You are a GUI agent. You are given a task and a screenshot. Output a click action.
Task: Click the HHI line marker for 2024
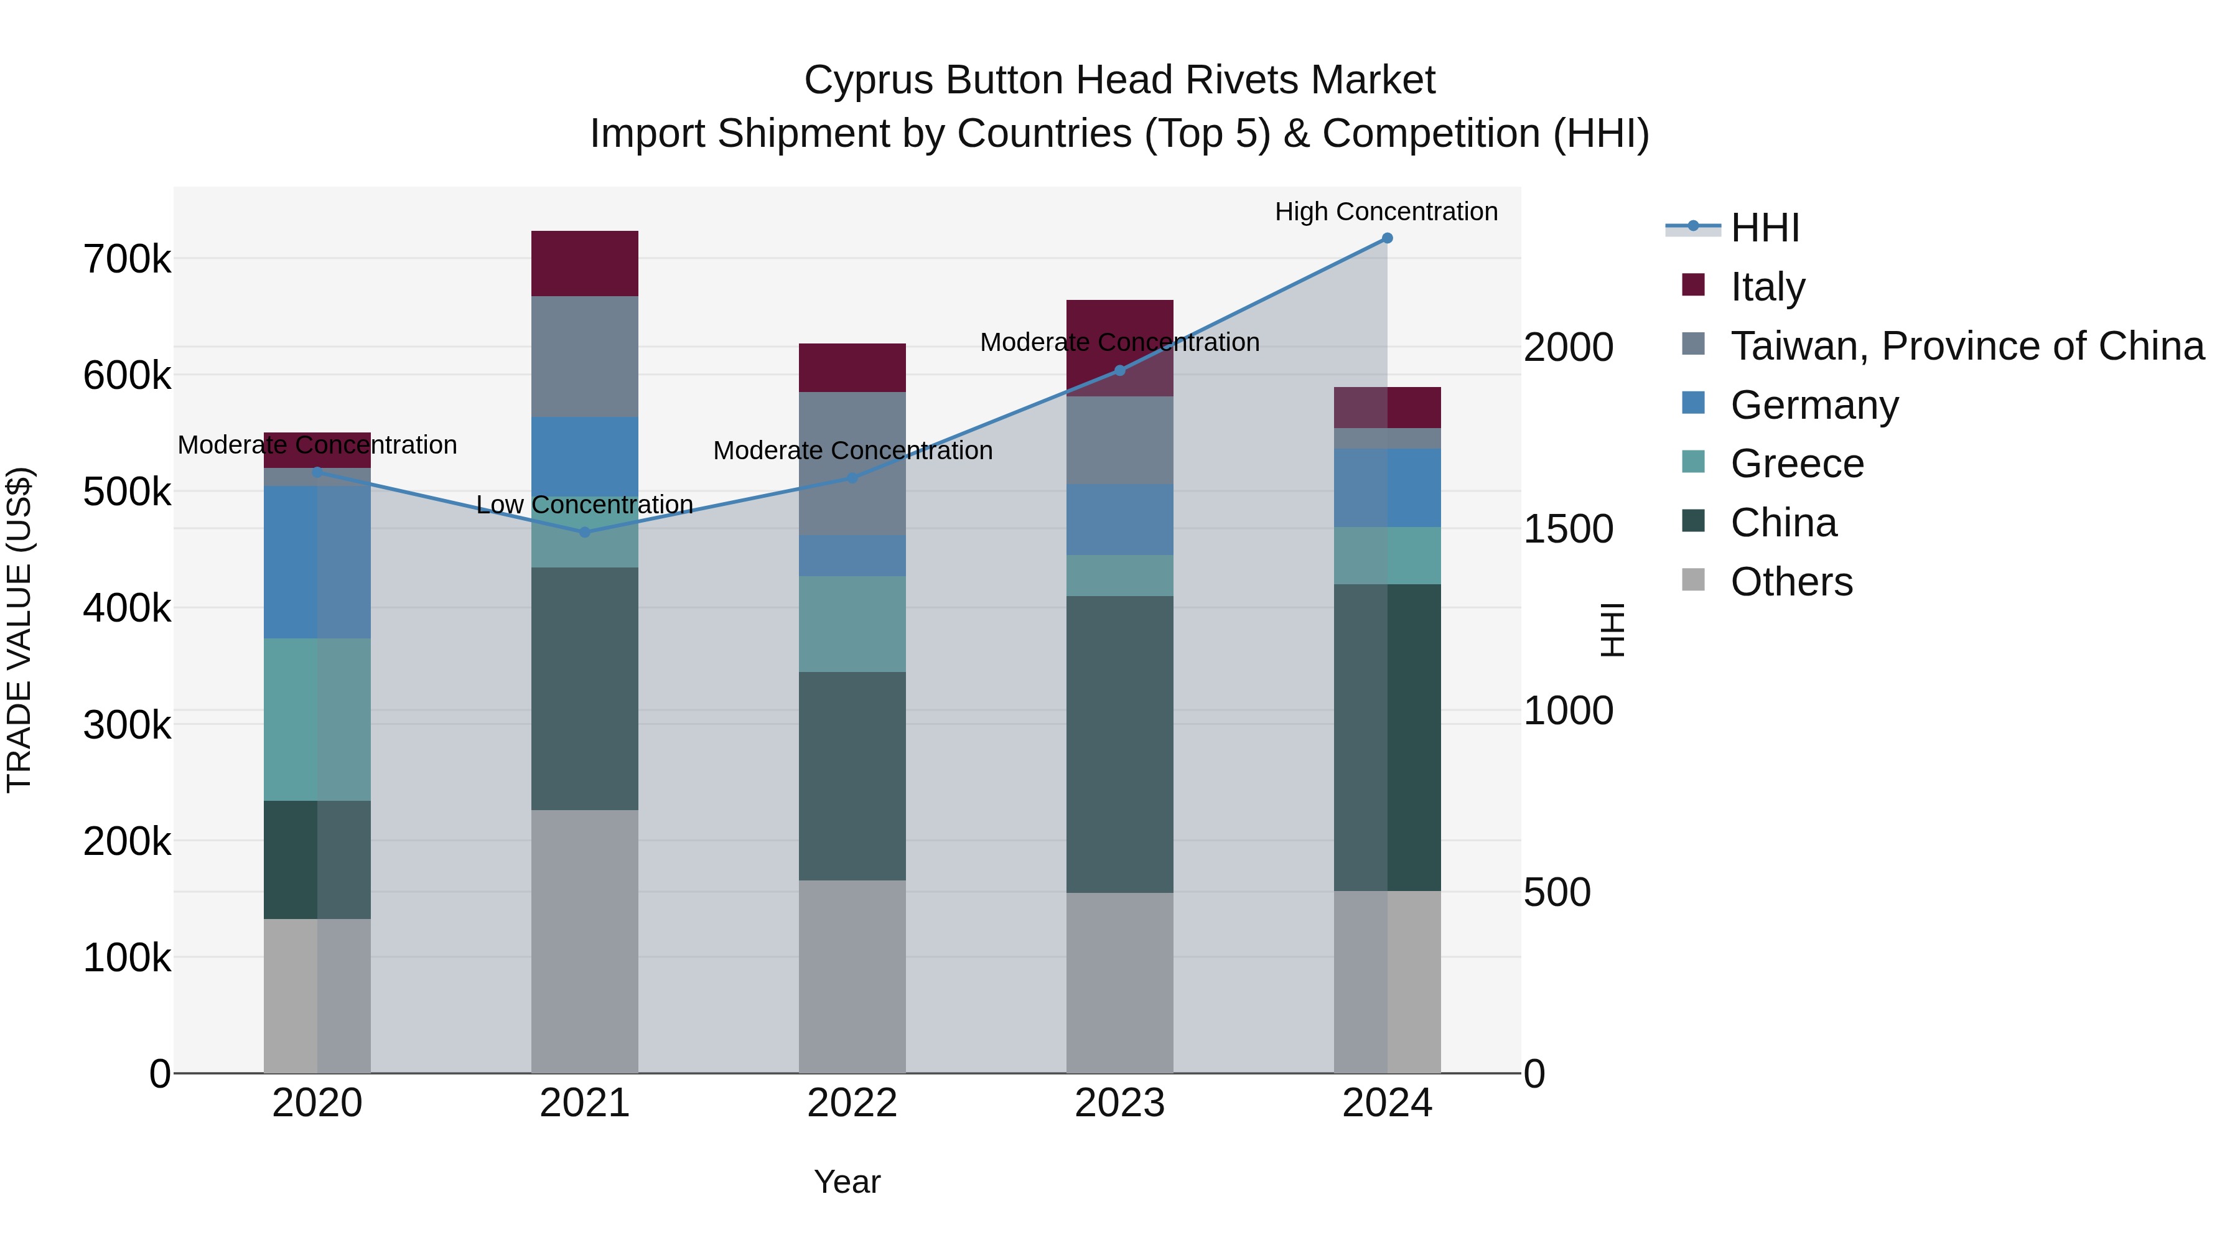(1387, 238)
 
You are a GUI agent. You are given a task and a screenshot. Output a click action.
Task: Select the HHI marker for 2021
(584, 532)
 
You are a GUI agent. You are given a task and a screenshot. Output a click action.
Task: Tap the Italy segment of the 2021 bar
(584, 263)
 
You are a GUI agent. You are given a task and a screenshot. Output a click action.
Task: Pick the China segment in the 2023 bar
(1119, 744)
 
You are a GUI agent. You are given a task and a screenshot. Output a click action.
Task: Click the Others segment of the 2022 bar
(852, 976)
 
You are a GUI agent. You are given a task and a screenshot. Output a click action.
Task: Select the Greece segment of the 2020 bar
(317, 719)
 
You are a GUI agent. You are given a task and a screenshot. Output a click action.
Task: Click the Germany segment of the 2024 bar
(1387, 487)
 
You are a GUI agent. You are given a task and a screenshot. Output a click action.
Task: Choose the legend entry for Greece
(1796, 464)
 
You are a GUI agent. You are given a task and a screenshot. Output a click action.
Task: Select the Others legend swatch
(1693, 580)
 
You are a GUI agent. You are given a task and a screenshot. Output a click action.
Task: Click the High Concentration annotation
(1386, 212)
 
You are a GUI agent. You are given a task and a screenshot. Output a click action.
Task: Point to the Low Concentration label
(584, 505)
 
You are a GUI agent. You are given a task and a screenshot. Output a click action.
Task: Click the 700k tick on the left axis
(127, 259)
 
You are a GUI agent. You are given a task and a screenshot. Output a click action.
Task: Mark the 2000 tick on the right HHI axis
(1568, 347)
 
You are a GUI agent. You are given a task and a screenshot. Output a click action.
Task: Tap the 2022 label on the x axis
(852, 1103)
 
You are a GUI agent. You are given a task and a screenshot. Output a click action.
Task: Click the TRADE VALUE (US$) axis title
(19, 630)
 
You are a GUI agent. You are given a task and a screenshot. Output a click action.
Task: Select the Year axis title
(847, 1182)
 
